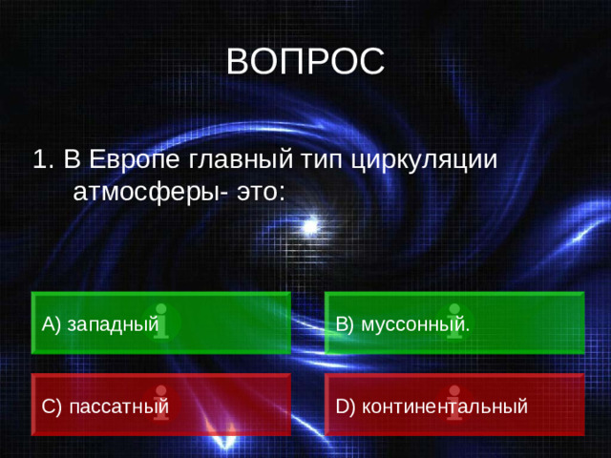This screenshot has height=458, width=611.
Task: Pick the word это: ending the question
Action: (258, 190)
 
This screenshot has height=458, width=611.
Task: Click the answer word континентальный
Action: (445, 407)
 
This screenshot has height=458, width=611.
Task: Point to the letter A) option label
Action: (52, 324)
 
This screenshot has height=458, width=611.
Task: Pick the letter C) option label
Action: (52, 407)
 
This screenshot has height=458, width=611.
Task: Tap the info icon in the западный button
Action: (161, 322)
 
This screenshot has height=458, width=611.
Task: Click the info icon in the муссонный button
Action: (454, 322)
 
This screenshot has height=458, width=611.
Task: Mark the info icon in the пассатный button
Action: (161, 404)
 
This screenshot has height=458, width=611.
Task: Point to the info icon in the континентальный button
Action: (454, 404)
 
